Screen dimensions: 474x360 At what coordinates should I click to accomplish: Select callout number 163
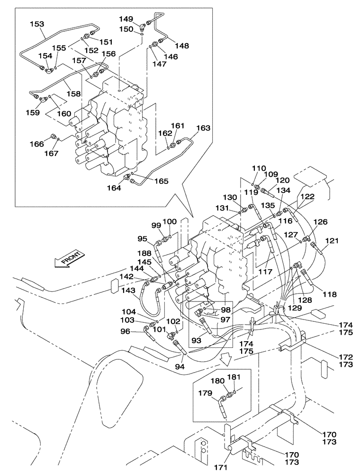point(203,128)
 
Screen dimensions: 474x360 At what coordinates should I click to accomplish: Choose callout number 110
point(259,168)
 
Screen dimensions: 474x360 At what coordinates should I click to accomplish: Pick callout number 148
point(181,46)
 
